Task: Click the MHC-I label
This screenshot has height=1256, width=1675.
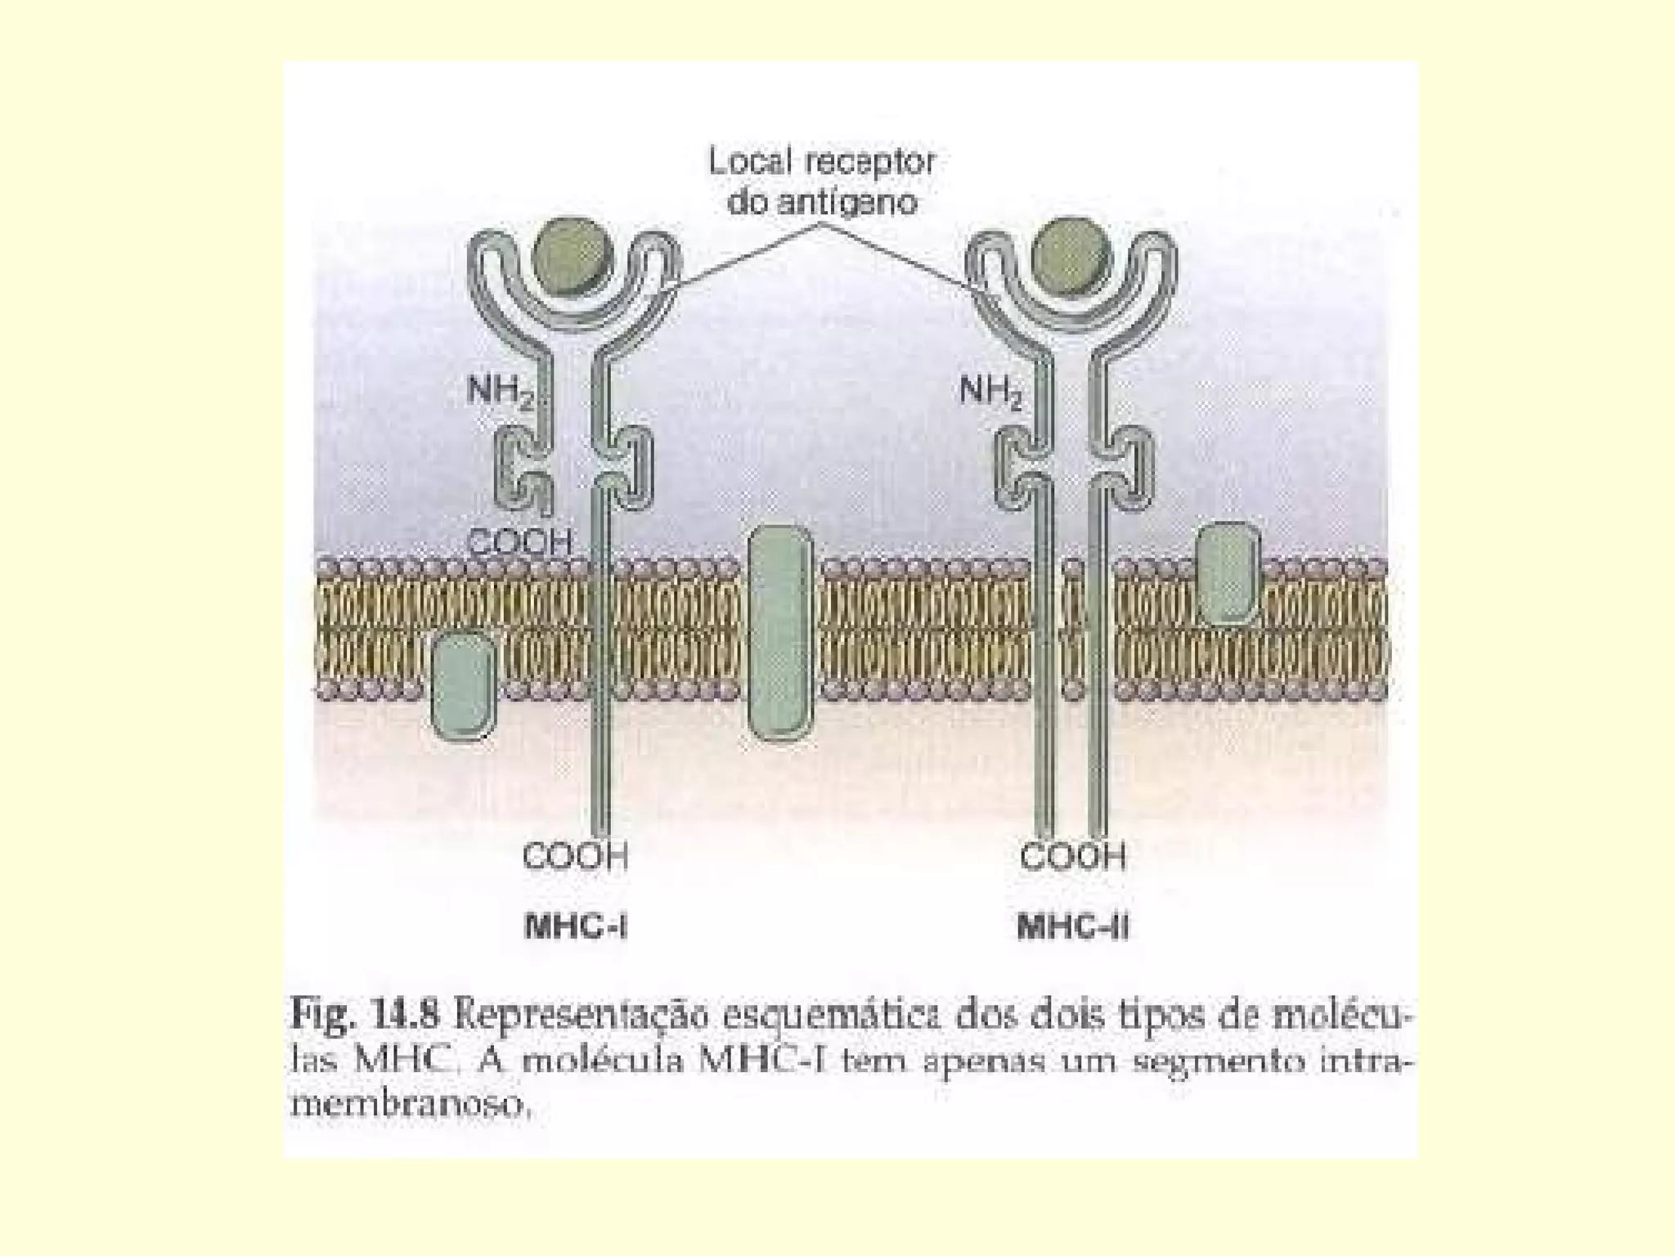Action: [575, 927]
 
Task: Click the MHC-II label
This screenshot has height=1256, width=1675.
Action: [1073, 927]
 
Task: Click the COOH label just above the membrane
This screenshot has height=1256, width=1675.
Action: [520, 542]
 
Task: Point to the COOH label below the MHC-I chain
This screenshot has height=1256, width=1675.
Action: [576, 856]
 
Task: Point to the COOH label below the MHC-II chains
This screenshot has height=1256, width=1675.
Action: [1073, 856]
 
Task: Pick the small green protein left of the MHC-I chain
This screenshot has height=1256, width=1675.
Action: [463, 685]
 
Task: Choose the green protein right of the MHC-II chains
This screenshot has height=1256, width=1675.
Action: [1227, 572]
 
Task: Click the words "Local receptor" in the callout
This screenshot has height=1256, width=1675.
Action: [821, 162]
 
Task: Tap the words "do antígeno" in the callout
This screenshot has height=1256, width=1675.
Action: [822, 201]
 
